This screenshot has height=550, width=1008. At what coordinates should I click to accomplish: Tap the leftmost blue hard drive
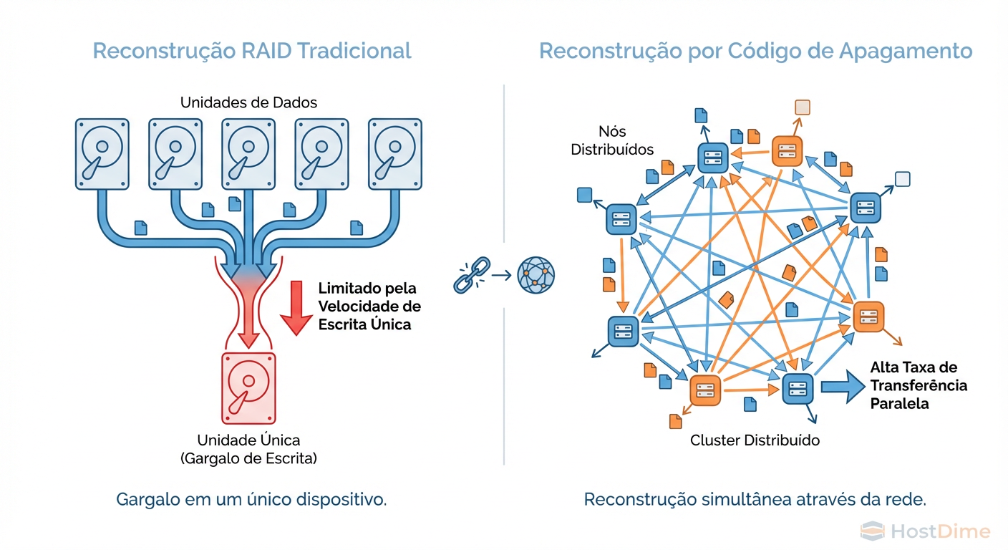(102, 154)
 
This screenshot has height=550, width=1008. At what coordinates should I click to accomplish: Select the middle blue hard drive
(248, 154)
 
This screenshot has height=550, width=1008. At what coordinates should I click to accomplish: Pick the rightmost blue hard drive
(394, 154)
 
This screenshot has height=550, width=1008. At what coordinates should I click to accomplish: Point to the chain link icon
(471, 274)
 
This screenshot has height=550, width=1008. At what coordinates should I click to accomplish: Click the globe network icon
(536, 274)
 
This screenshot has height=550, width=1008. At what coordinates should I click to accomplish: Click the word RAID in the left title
(266, 51)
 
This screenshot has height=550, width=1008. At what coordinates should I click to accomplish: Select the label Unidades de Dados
(248, 102)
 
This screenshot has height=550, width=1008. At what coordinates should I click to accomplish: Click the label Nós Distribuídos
(625, 140)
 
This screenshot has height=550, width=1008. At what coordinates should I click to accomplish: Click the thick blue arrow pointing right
(842, 386)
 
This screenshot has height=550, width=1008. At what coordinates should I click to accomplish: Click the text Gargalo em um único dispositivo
(251, 499)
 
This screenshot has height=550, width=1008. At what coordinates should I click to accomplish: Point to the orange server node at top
(787, 150)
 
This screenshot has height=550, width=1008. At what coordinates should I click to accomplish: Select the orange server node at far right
(868, 317)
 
